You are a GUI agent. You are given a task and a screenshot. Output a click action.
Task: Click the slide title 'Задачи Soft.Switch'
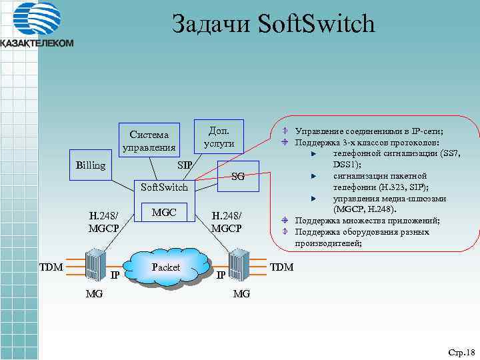(x=273, y=25)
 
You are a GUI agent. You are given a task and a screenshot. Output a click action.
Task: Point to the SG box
(x=237, y=177)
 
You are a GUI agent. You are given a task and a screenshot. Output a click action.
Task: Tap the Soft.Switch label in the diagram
(x=164, y=188)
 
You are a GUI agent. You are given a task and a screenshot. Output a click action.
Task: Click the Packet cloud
(x=167, y=267)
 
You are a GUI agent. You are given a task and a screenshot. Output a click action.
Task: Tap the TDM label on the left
(x=50, y=267)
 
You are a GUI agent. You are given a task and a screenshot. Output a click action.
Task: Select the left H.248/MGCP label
(x=103, y=221)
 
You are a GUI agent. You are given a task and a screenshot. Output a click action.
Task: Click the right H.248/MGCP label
(x=226, y=221)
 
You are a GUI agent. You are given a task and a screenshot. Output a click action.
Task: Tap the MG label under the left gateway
(x=94, y=293)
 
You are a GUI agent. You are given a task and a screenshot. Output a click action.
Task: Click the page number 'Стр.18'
(x=460, y=351)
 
